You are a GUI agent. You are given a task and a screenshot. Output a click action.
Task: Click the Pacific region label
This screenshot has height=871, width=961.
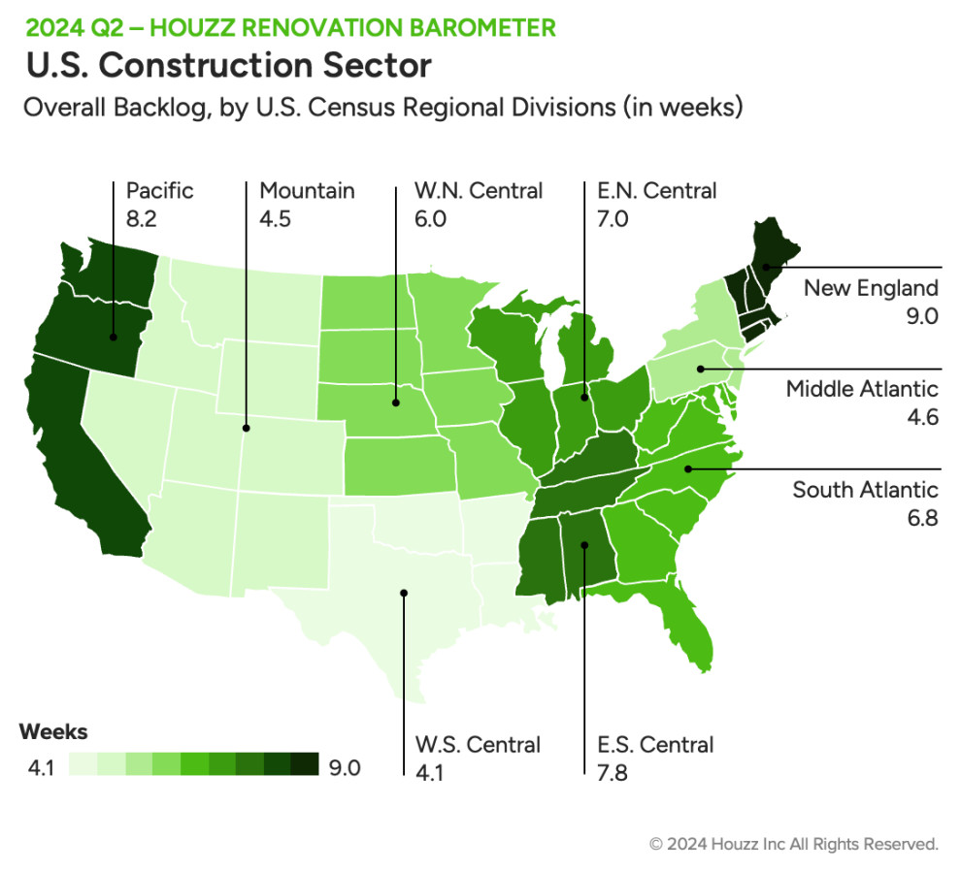click(160, 190)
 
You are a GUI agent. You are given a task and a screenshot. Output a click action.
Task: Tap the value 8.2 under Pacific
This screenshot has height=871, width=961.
click(142, 219)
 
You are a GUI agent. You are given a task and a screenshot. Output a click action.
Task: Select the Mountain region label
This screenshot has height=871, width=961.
click(307, 190)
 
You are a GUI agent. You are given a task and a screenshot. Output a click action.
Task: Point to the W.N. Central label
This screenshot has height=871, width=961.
click(479, 190)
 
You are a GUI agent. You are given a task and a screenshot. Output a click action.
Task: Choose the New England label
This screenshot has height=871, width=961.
click(871, 288)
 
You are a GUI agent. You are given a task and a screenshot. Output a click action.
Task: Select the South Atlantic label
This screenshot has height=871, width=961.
click(865, 489)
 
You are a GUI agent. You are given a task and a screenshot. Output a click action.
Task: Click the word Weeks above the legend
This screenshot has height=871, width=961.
click(53, 731)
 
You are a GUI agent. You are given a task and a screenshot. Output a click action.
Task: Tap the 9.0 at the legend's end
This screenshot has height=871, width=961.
click(345, 768)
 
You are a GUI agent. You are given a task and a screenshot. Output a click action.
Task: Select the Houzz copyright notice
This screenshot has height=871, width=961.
click(793, 844)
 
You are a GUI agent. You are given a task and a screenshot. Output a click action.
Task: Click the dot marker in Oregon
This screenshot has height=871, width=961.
click(114, 337)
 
